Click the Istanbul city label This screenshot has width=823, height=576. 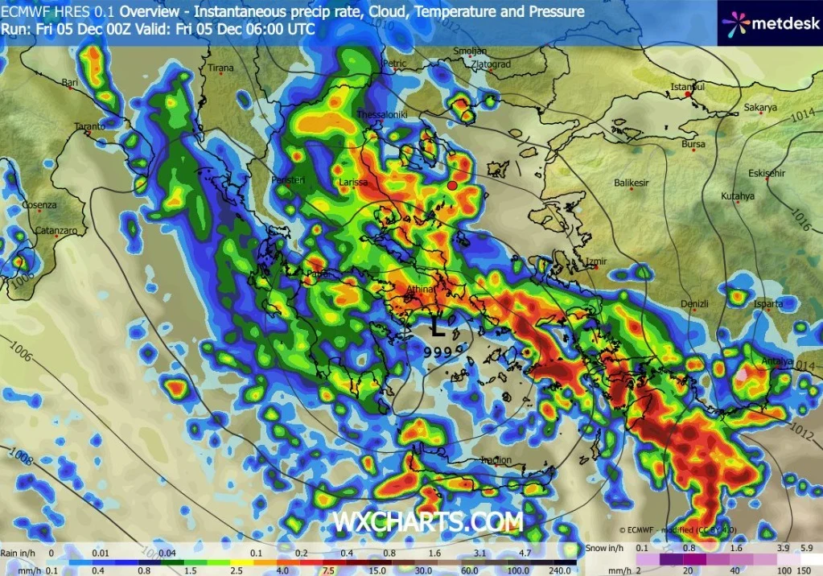pyautogui.click(x=689, y=86)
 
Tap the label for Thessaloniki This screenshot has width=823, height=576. pyautogui.click(x=382, y=114)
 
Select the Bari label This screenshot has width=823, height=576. pyautogui.click(x=71, y=82)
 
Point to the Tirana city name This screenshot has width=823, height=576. pyautogui.click(x=220, y=68)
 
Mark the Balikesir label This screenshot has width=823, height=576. pyautogui.click(x=632, y=183)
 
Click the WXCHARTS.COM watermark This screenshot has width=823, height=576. pyautogui.click(x=428, y=521)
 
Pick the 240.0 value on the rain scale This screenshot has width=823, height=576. pyautogui.click(x=562, y=570)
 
